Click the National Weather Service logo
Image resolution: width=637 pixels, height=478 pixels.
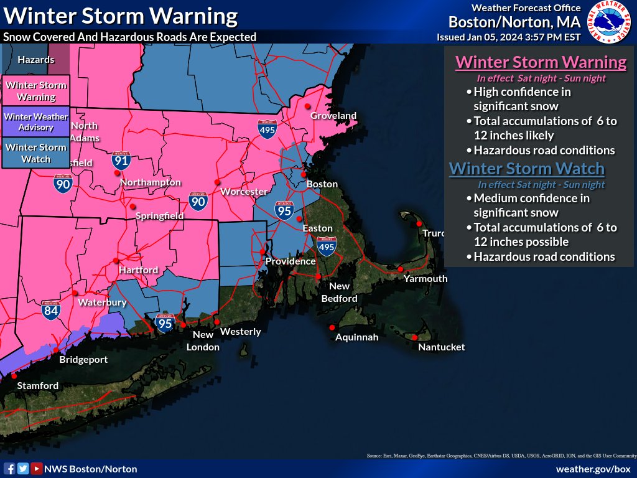tap(610, 23)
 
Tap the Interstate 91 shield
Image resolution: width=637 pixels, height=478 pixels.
tap(121, 161)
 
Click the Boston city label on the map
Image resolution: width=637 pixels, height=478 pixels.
tap(322, 184)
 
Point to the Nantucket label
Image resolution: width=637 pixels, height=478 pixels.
tap(441, 347)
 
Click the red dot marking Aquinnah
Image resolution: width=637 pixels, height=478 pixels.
tap(332, 327)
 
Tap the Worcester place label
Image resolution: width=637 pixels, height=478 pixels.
tap(244, 192)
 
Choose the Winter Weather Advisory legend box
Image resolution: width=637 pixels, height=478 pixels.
tap(36, 122)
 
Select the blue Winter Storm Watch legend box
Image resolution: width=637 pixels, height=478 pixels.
tap(36, 153)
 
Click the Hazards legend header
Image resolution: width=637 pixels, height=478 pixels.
tap(36, 60)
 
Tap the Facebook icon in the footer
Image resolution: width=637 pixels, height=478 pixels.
tap(9, 469)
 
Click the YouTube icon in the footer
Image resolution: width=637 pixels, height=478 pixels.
tap(37, 469)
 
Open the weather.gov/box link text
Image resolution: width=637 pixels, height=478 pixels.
tap(593, 469)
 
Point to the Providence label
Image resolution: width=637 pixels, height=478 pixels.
tap(291, 261)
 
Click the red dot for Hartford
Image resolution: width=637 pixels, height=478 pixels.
tap(116, 260)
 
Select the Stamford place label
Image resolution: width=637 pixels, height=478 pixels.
tap(37, 386)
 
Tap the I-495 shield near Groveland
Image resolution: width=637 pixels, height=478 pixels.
tap(267, 128)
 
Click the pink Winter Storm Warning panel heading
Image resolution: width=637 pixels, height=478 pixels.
tap(541, 63)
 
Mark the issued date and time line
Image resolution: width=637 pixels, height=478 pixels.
tap(508, 37)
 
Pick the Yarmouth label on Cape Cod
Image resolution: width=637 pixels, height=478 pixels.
tap(425, 279)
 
